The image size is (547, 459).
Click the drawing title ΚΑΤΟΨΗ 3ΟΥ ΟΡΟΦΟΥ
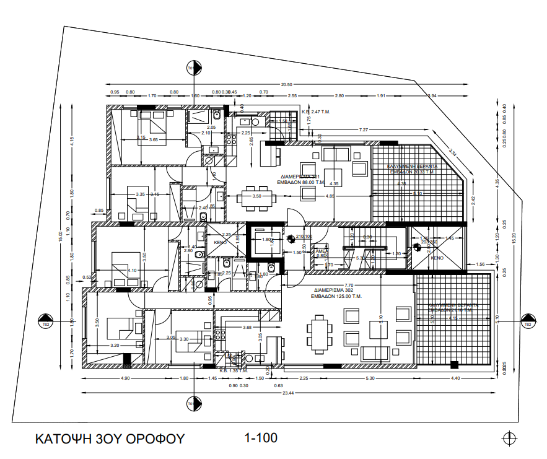click(x=110, y=439)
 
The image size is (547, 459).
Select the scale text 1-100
click(x=261, y=439)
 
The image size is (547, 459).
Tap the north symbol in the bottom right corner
click(x=509, y=437)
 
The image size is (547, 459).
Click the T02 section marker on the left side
click(x=45, y=320)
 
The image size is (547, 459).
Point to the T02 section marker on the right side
click(x=527, y=320)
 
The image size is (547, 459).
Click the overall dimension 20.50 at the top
click(x=286, y=84)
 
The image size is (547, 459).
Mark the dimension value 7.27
click(x=364, y=129)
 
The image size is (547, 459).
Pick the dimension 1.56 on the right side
click(x=480, y=264)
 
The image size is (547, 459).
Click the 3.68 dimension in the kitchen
click(x=247, y=327)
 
